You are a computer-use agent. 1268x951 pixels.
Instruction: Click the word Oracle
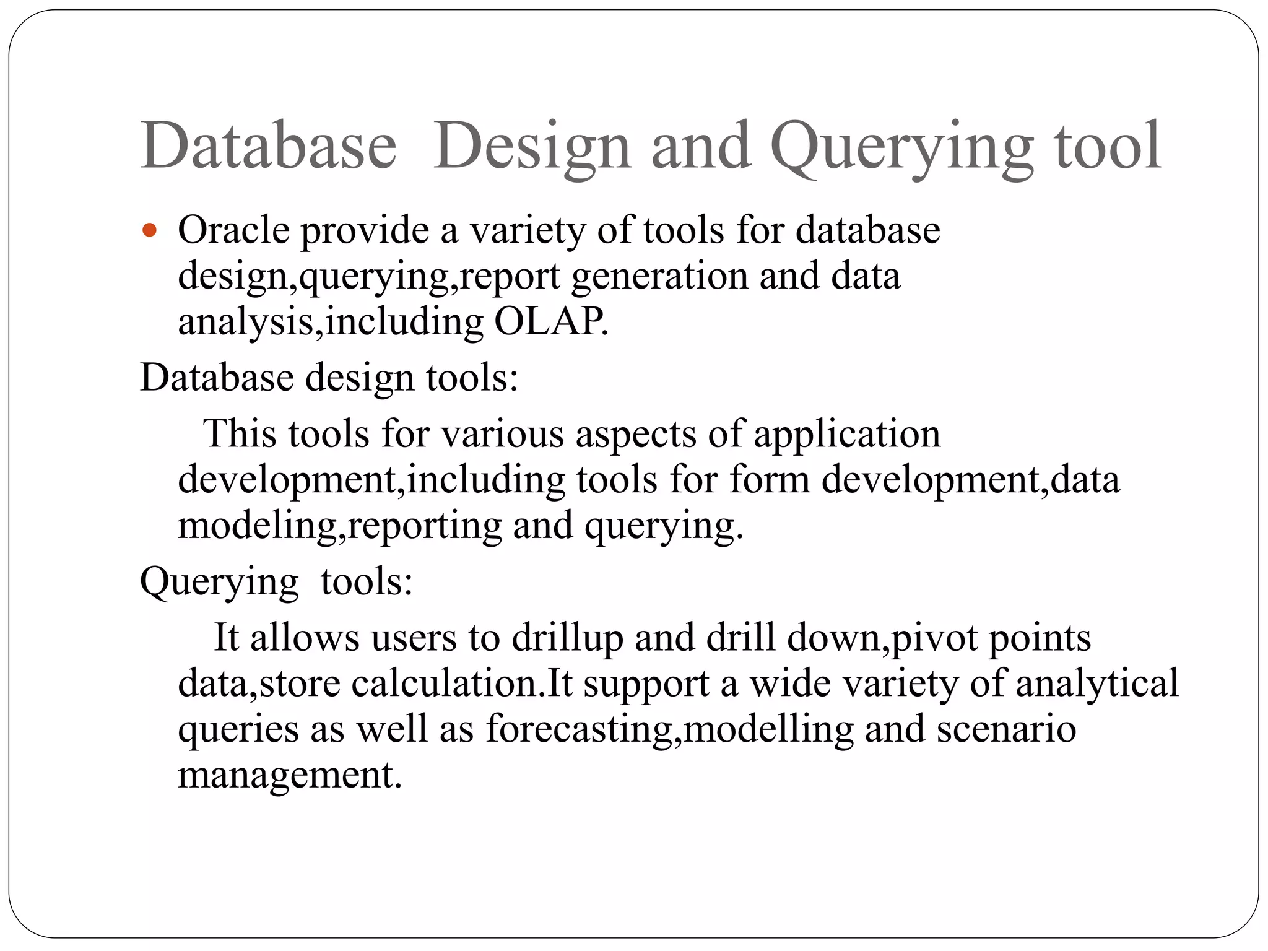click(233, 230)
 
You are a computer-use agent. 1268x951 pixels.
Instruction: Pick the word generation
click(659, 276)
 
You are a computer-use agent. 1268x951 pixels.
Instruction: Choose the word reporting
click(425, 526)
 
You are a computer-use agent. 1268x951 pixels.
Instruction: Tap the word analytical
click(1096, 684)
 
